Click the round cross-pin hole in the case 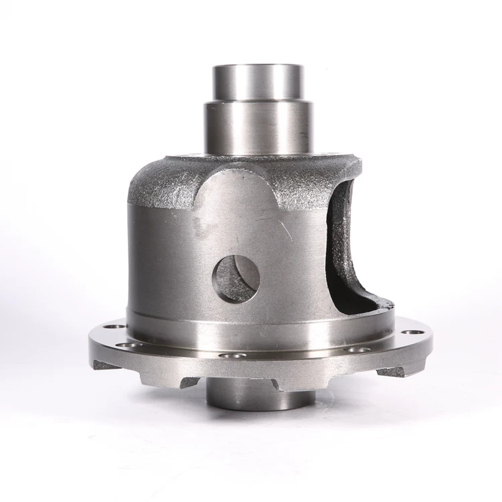pyautogui.click(x=236, y=278)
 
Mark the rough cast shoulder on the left pyautogui.click(x=161, y=184)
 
